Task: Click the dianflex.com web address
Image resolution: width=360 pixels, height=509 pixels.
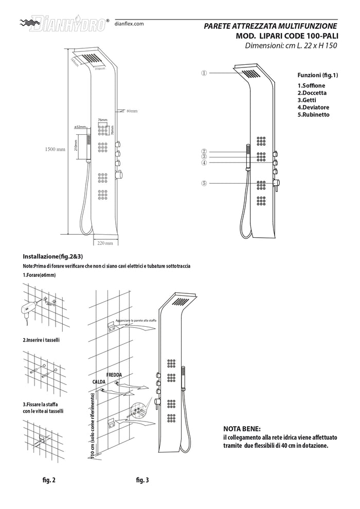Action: [x=128, y=24]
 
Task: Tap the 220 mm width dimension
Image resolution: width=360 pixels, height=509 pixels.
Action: [x=105, y=243]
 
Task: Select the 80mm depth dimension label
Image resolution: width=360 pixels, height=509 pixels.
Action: [x=132, y=111]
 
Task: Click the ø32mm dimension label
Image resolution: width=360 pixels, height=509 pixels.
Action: [x=80, y=126]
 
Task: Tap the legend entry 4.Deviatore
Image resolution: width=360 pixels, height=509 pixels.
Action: [x=314, y=107]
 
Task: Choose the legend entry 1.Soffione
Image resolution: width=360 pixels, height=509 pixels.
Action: [x=311, y=85]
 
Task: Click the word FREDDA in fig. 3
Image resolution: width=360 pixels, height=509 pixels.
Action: [x=114, y=375]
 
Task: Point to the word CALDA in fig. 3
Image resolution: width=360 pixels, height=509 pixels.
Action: [x=99, y=382]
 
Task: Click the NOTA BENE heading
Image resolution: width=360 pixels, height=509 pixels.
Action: [x=242, y=429]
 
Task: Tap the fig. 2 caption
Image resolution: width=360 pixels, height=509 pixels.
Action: [x=49, y=480]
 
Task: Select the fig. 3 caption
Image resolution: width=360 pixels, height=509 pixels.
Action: [x=142, y=480]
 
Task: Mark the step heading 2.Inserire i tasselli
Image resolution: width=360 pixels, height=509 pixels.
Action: [x=44, y=340]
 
